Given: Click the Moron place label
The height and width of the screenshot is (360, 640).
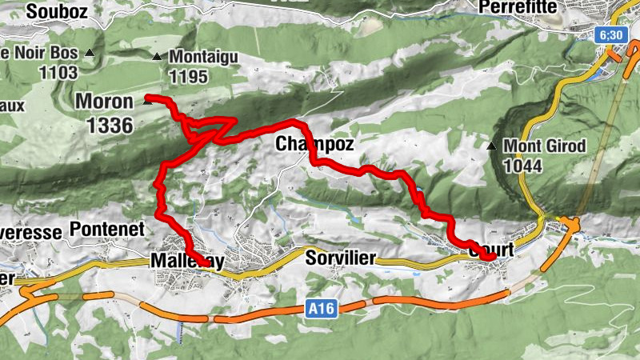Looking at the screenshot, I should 104,102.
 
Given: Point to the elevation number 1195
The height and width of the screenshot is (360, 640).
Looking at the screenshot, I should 189,77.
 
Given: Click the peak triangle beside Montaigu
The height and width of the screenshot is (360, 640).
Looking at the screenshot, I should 157,57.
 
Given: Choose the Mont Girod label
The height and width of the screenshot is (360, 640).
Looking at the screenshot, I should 546,146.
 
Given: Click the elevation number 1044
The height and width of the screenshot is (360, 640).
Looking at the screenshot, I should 525,166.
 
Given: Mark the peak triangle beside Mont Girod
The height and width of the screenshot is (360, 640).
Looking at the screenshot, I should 492,146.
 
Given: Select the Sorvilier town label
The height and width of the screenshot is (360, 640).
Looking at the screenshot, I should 340,258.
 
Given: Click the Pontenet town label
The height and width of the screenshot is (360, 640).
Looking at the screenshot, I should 106,229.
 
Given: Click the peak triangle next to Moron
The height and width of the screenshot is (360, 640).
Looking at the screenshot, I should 147,102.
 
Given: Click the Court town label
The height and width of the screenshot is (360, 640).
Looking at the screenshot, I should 489,248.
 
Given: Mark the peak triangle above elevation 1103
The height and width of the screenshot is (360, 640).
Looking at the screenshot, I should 90,54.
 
